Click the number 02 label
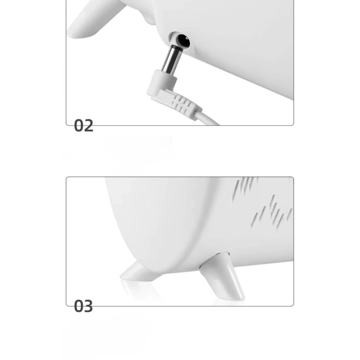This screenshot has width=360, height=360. [x=83, y=125]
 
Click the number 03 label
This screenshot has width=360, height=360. [x=83, y=306]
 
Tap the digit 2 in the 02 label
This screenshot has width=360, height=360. [x=88, y=125]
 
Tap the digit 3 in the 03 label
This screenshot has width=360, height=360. [x=88, y=306]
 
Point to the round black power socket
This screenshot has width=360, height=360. [x=184, y=41]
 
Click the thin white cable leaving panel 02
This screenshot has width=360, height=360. [x=210, y=119]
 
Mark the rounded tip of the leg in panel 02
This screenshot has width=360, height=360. [x=73, y=33]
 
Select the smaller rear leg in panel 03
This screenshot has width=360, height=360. [x=140, y=272]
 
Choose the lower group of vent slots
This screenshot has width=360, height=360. [x=272, y=212]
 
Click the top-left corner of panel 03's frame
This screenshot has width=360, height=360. [x=66, y=177]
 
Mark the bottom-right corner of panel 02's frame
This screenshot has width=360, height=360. [x=294, y=125]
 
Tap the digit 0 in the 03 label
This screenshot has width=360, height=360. [x=79, y=306]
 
